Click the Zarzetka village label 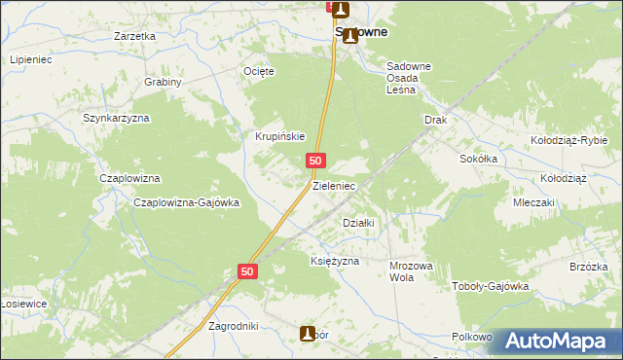click(x=134, y=36)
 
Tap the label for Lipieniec click(x=31, y=60)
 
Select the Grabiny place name click(x=164, y=83)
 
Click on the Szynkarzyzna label click(x=115, y=118)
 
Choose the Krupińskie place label click(x=280, y=137)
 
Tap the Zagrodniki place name click(x=234, y=326)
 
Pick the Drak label click(x=434, y=120)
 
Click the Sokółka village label click(x=479, y=158)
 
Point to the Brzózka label click(x=589, y=268)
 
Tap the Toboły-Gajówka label click(x=490, y=286)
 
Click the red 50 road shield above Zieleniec click(x=315, y=160)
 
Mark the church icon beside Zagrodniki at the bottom click(x=308, y=334)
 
